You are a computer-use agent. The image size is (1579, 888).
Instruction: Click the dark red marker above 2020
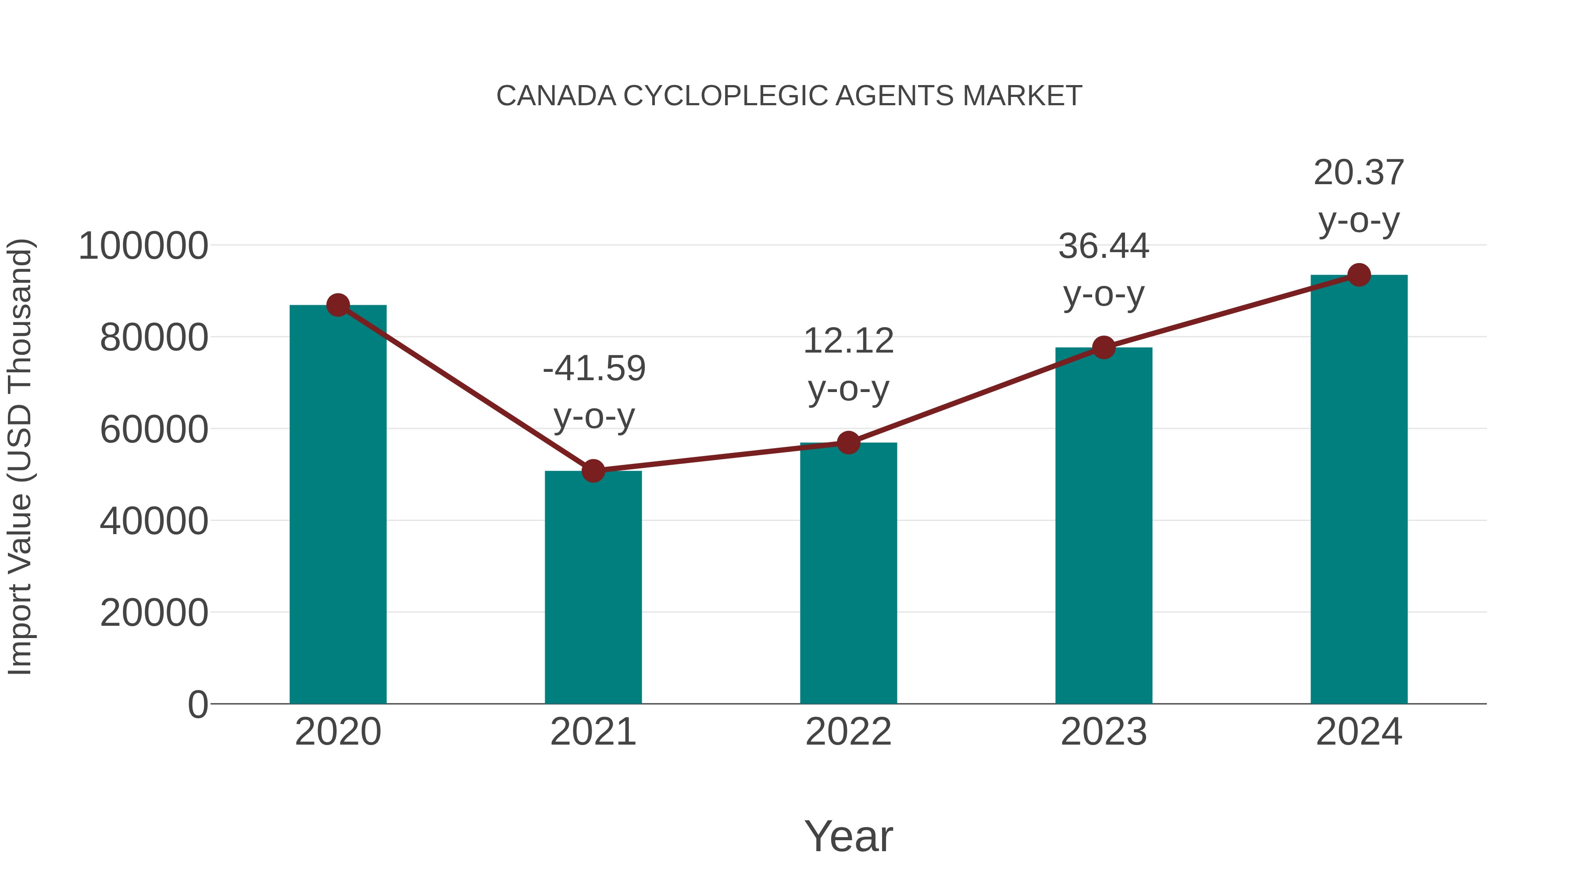pos(338,305)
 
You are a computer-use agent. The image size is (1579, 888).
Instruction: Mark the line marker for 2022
pos(848,442)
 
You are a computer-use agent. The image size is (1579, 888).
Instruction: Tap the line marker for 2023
pos(1104,347)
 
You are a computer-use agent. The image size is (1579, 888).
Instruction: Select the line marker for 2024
pos(1359,275)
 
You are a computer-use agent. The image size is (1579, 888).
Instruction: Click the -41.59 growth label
pos(594,368)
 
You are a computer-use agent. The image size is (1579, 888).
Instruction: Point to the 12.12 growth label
pos(848,341)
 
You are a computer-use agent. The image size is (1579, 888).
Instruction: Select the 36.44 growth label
pos(1104,246)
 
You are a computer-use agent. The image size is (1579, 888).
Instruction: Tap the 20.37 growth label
pos(1359,173)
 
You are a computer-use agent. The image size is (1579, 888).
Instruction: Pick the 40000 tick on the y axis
pos(154,521)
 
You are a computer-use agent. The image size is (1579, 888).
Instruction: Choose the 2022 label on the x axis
pos(848,732)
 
